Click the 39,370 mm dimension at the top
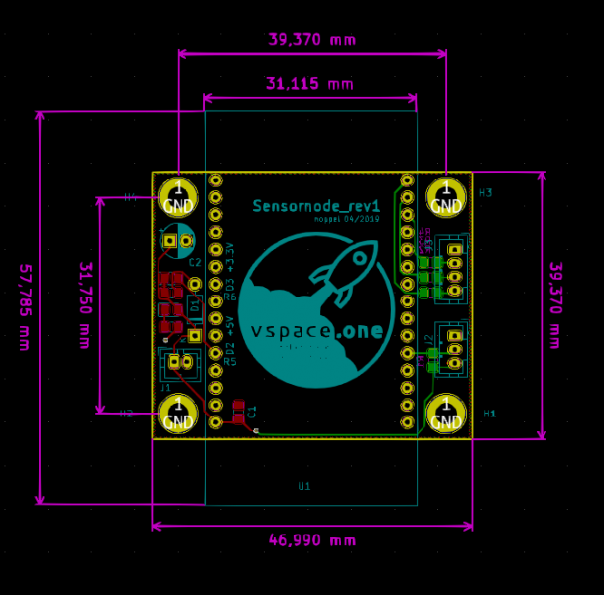point(311,40)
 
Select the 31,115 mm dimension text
point(308,84)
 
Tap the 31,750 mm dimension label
point(84,304)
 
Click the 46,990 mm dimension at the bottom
point(311,540)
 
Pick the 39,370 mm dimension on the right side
point(555,304)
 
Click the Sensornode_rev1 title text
point(315,206)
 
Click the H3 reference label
point(485,192)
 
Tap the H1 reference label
point(489,413)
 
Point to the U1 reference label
point(303,486)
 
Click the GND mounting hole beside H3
point(446,197)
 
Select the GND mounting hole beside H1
point(446,415)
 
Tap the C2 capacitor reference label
point(195,263)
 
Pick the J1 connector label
point(165,388)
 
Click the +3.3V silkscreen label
point(230,257)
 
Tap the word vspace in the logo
point(289,331)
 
